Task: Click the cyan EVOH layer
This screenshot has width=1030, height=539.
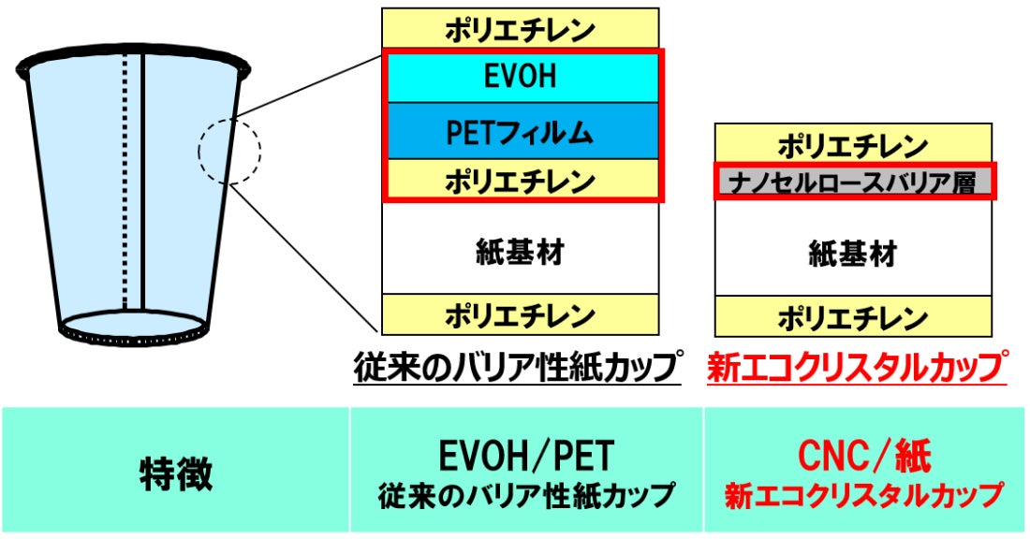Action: (521, 77)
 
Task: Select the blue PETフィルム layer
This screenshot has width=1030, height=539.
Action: (521, 132)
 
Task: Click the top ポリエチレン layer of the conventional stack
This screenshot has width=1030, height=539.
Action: (521, 28)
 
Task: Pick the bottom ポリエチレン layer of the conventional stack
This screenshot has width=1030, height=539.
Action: (521, 313)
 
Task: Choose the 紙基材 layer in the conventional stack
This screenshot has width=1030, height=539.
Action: (521, 251)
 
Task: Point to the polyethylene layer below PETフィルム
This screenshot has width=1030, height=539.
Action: (521, 179)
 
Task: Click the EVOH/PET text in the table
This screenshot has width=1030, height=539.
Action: (526, 456)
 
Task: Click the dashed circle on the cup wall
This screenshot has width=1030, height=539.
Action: (229, 150)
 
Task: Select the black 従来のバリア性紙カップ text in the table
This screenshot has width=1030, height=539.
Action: (526, 493)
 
